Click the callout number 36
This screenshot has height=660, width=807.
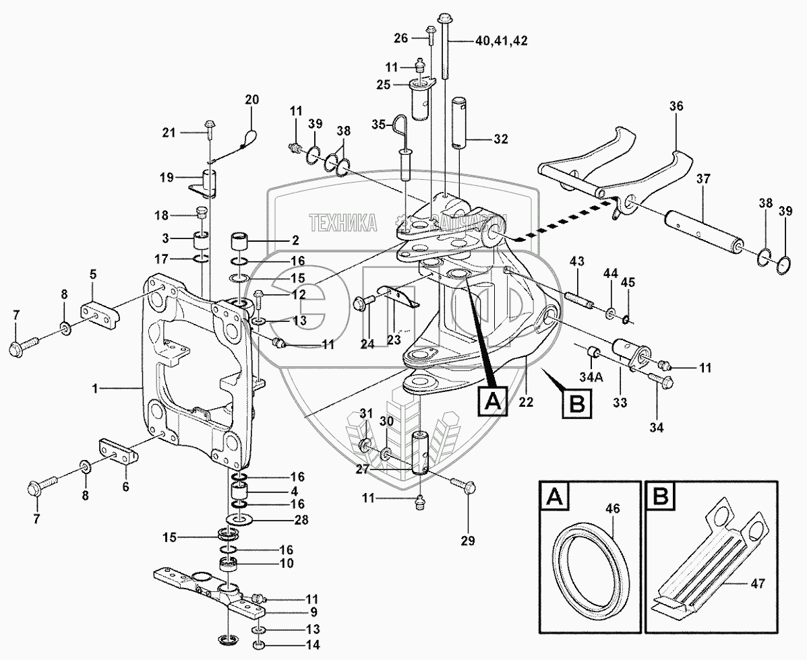tap(676, 106)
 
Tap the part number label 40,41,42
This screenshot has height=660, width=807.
tap(501, 40)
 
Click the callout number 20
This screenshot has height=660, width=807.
tap(251, 100)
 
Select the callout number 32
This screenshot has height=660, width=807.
tap(500, 139)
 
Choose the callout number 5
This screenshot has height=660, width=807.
tap(94, 274)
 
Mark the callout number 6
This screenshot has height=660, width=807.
tap(125, 486)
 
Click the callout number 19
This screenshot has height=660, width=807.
tap(166, 178)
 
